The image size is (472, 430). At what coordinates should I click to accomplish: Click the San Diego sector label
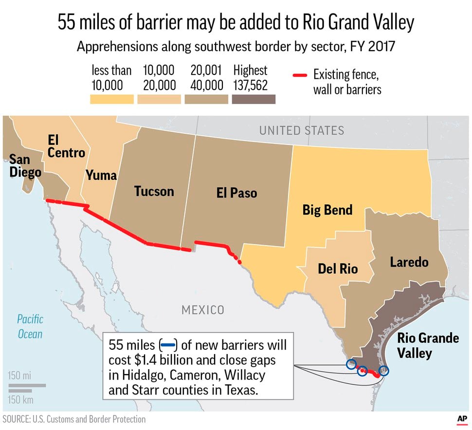(x=19, y=166)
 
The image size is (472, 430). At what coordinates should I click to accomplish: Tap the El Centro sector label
(x=66, y=146)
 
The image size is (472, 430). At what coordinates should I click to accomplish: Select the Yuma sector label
(x=101, y=175)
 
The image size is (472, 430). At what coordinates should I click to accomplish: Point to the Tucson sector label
(x=154, y=191)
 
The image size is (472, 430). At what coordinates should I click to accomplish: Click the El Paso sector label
(x=236, y=193)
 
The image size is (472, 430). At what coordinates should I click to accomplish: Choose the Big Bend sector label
(x=327, y=210)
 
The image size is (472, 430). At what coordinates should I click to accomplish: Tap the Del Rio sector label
(x=338, y=268)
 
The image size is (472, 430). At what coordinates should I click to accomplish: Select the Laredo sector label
(x=409, y=262)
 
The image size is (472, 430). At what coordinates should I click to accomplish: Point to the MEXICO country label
(x=203, y=310)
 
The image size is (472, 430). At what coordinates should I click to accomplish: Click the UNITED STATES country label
(x=301, y=130)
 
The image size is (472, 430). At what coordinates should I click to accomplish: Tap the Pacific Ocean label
(x=30, y=326)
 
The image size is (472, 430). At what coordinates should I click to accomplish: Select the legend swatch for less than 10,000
(x=112, y=99)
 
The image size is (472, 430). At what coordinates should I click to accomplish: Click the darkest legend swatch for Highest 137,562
(x=254, y=99)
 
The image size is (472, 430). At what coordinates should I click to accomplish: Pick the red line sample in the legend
(x=300, y=76)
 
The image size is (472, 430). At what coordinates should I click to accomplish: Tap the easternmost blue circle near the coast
(x=383, y=371)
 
